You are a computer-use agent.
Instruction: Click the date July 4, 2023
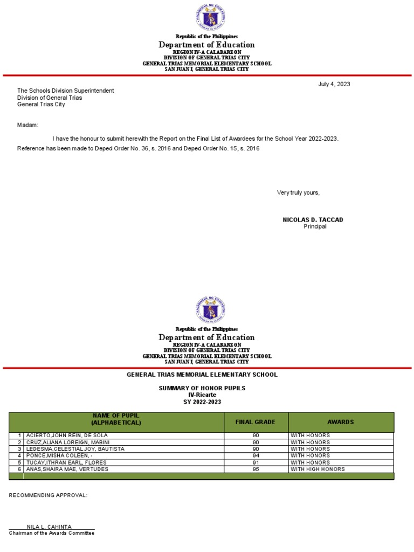pos(334,84)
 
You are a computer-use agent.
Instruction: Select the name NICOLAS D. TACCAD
pos(313,220)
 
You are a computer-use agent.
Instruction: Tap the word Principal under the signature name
pos(315,226)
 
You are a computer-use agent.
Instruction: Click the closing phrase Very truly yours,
pos(298,192)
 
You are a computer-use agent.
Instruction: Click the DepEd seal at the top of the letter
pos(210,17)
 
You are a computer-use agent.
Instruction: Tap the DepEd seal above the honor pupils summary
pos(210,310)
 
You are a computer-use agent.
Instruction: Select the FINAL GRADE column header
pos(256,422)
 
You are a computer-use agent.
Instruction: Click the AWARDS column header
pos(341,422)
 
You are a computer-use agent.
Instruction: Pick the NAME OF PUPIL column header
pos(116,419)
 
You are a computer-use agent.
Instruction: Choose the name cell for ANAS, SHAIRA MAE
pos(67,469)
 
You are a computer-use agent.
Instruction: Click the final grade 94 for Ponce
pos(256,456)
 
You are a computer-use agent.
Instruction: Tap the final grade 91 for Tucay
pos(256,463)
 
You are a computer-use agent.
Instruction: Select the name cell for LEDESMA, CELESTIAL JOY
pos(75,449)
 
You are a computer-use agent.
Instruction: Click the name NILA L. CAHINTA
pos(49,527)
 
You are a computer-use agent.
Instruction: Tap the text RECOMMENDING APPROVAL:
pos(48,495)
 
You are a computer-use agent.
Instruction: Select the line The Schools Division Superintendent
pos(66,91)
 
